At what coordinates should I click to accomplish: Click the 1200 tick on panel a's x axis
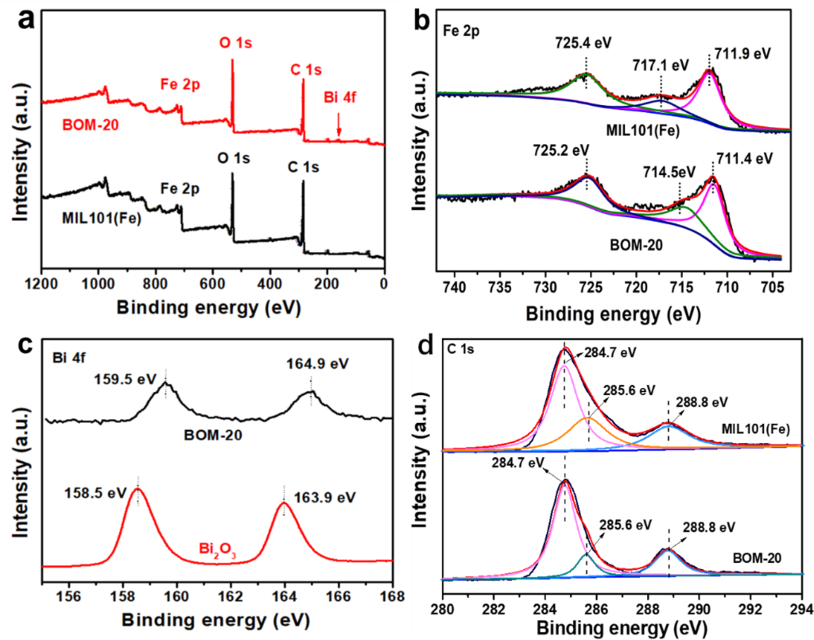(40, 284)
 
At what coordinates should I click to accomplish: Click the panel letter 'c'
(26, 344)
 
